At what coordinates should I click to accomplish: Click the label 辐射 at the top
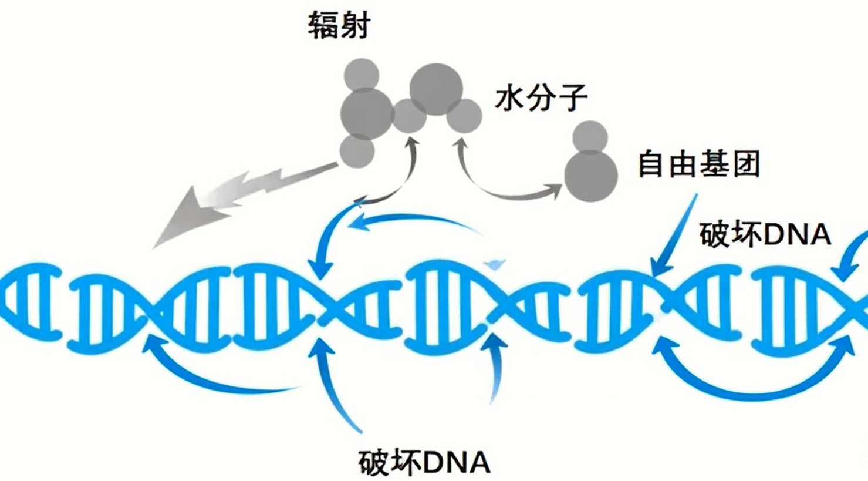339,26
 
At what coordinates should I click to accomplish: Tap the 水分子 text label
541,97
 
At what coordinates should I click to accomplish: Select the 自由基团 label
698,164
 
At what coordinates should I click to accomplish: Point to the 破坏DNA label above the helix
765,235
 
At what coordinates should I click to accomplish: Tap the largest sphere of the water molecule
436,89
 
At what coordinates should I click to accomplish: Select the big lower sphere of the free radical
590,175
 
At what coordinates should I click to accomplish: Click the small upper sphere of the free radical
589,137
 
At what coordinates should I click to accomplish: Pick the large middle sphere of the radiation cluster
366,113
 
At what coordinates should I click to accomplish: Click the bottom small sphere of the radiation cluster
357,150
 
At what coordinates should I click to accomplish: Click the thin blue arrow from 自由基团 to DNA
675,235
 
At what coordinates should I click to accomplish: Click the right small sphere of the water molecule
465,116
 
